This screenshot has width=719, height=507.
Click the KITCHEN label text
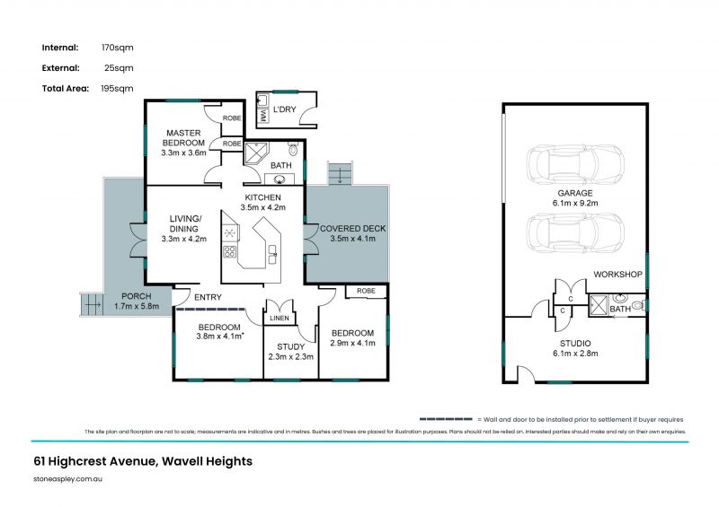point(263,197)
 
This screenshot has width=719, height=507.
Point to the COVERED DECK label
point(352,229)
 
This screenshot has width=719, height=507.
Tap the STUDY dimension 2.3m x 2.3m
point(289,357)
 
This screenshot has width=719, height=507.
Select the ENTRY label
point(208,297)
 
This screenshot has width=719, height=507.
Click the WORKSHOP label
point(617,274)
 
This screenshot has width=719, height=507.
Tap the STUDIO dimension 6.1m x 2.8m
point(574,353)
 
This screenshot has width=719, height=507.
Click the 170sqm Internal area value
point(119,48)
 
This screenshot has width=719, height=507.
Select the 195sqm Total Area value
point(118,88)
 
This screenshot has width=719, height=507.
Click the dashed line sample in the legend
point(446,419)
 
